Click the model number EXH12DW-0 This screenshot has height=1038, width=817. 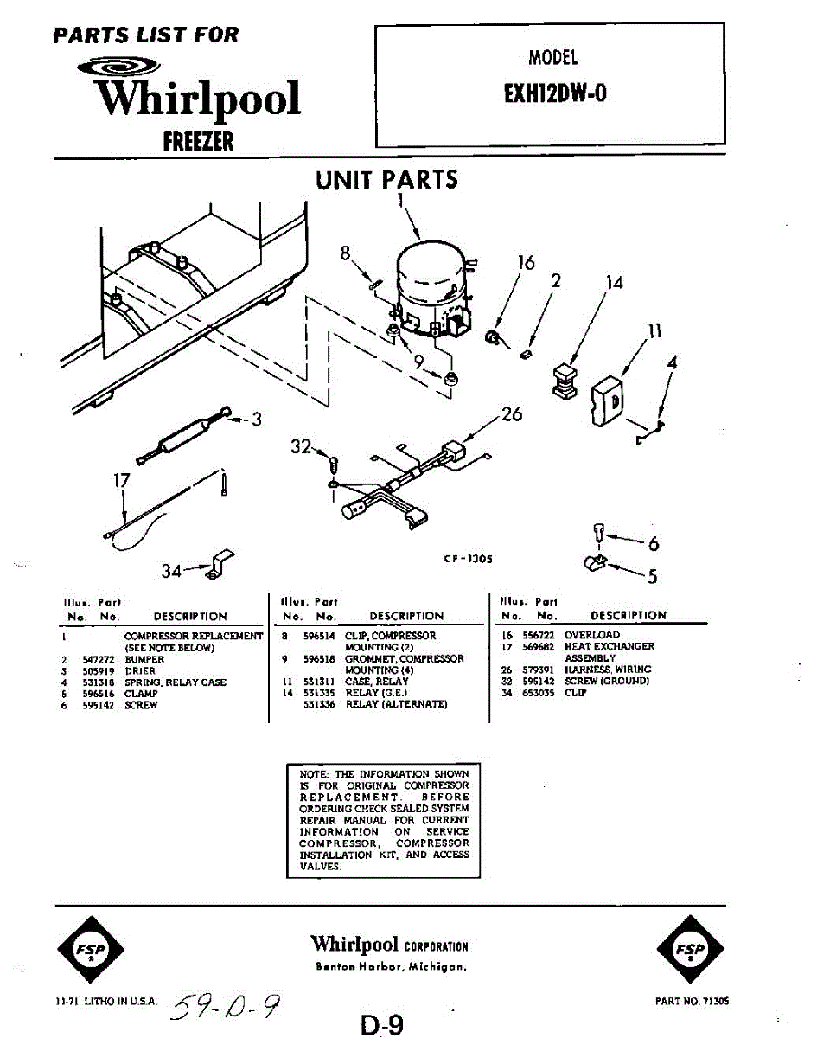pyautogui.click(x=554, y=93)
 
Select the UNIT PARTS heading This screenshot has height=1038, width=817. pyautogui.click(x=386, y=181)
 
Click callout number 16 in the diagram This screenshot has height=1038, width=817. pyautogui.click(x=527, y=262)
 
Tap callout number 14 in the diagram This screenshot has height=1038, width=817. pyautogui.click(x=614, y=282)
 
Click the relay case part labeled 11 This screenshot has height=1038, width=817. pyautogui.click(x=608, y=399)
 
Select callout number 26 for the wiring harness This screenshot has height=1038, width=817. pyautogui.click(x=512, y=414)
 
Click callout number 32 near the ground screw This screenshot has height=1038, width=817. pyautogui.click(x=301, y=446)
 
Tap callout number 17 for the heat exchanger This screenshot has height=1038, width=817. pyautogui.click(x=122, y=479)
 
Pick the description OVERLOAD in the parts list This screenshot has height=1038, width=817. pyautogui.click(x=592, y=635)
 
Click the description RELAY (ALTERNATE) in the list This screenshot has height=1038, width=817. pyautogui.click(x=397, y=704)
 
